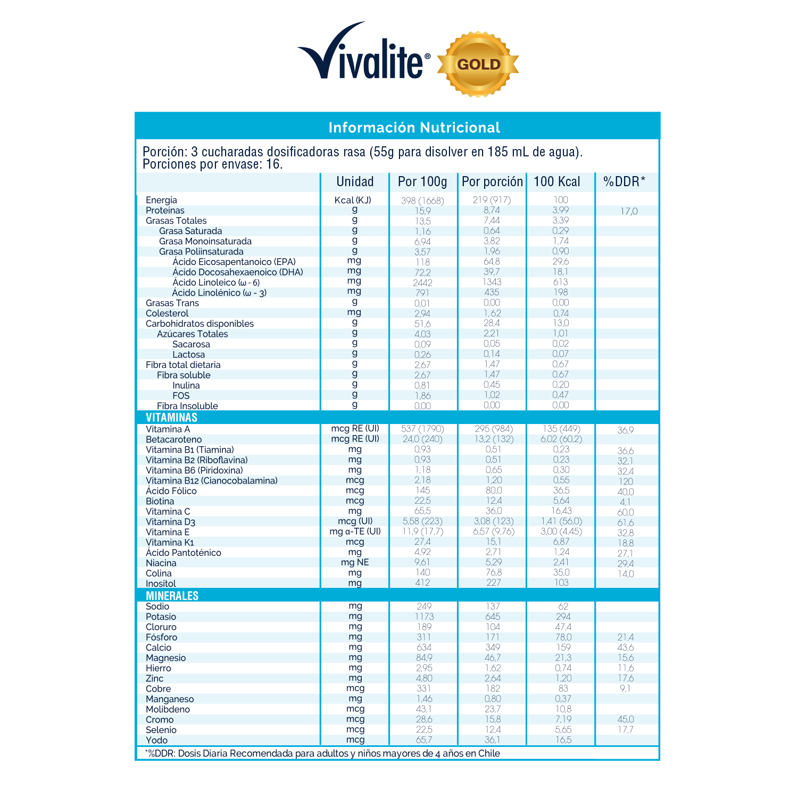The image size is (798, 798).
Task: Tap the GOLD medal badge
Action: pyautogui.click(x=478, y=64)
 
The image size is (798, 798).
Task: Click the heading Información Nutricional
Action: pyautogui.click(x=414, y=128)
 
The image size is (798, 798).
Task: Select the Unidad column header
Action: pyautogui.click(x=355, y=182)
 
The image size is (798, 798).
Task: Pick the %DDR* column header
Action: pyautogui.click(x=624, y=182)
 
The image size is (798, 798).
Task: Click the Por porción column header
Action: pyautogui.click(x=492, y=182)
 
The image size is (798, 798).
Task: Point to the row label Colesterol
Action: pyautogui.click(x=167, y=313)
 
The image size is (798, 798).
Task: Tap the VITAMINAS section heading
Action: pyautogui.click(x=171, y=418)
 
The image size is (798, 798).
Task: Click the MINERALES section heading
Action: pyautogui.click(x=172, y=596)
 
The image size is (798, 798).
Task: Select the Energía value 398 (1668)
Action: pyautogui.click(x=422, y=201)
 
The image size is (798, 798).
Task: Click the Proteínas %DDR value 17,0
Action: pyautogui.click(x=628, y=212)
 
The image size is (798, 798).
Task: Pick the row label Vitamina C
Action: pyautogui.click(x=168, y=512)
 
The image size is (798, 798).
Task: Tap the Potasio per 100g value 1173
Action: pyautogui.click(x=424, y=617)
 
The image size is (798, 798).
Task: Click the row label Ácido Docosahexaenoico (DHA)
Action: pyautogui.click(x=238, y=272)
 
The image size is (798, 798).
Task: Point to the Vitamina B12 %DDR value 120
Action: pyautogui.click(x=626, y=481)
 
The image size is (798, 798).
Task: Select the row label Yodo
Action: pyautogui.click(x=156, y=741)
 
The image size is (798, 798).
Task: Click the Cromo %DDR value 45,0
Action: pyautogui.click(x=626, y=720)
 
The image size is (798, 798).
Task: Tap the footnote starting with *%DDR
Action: pyautogui.click(x=322, y=753)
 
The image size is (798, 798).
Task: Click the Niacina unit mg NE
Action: pyautogui.click(x=355, y=563)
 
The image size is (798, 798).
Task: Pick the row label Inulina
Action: pyautogui.click(x=186, y=386)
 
